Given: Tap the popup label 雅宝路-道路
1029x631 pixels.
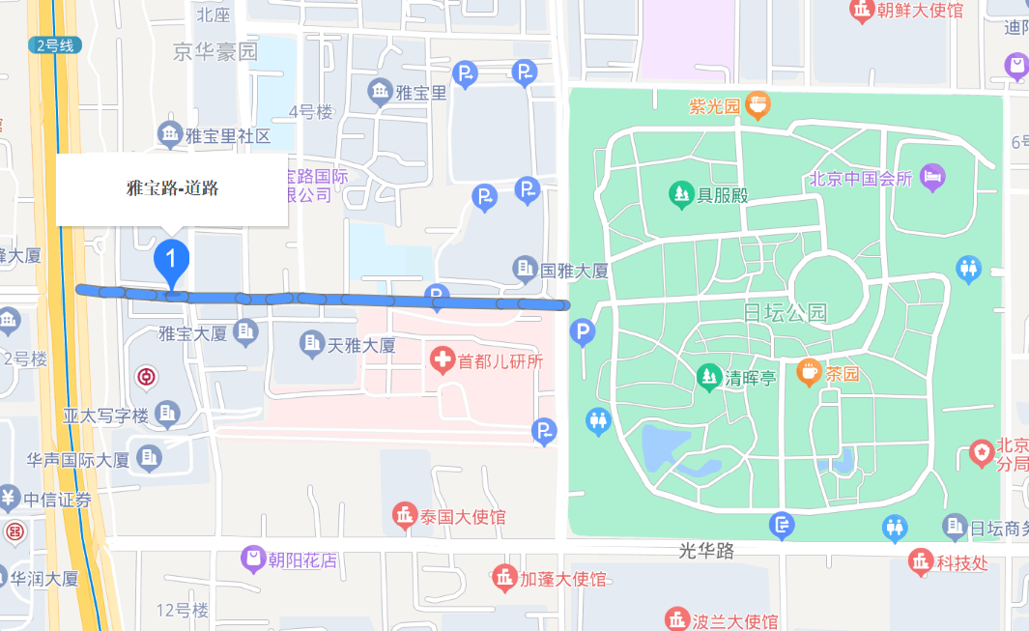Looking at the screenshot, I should click(x=172, y=188).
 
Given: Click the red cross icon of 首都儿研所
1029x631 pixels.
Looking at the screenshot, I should click(x=442, y=361).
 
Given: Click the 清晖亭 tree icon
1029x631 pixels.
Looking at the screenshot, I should click(x=709, y=376).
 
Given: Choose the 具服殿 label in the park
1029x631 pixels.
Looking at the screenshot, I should click(x=724, y=196).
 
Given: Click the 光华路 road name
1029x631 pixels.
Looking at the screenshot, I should click(x=706, y=551).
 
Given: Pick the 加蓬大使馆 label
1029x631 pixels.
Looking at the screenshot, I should click(x=563, y=579).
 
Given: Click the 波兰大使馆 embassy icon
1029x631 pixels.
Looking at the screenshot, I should click(x=676, y=619).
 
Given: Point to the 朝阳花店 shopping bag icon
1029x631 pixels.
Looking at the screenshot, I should click(x=253, y=559).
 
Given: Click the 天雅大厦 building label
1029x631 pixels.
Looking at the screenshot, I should click(x=361, y=344).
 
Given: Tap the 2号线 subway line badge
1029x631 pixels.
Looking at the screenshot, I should click(x=55, y=44).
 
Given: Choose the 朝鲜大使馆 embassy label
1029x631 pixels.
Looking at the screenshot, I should click(x=920, y=11).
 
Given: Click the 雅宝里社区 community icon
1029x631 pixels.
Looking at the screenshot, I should click(x=170, y=133).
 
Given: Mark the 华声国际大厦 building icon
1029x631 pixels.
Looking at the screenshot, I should click(x=149, y=458).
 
